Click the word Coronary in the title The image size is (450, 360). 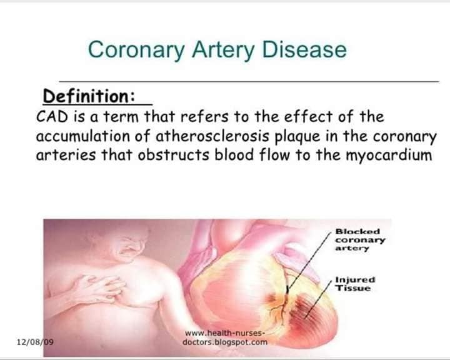coord(136,49)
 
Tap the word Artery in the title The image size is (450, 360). coord(223,49)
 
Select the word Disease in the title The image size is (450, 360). coord(304,49)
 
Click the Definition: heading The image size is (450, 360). coord(89,96)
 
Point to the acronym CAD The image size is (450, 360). coord(52,117)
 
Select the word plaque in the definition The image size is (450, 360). coord(297,137)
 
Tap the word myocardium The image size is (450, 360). coord(389,156)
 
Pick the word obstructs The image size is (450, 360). coord(174,155)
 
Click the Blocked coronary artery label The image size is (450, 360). coord(360,240)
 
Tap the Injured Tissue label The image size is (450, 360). coord(355,284)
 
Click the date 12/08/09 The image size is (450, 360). coord(35,342)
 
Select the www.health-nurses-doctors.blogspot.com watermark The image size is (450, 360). coord(225,337)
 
